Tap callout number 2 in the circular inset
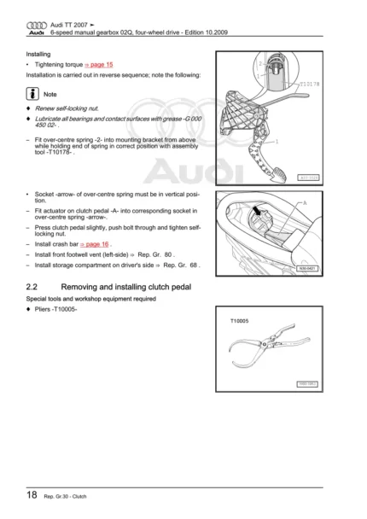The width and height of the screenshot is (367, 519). click(x=259, y=63)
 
